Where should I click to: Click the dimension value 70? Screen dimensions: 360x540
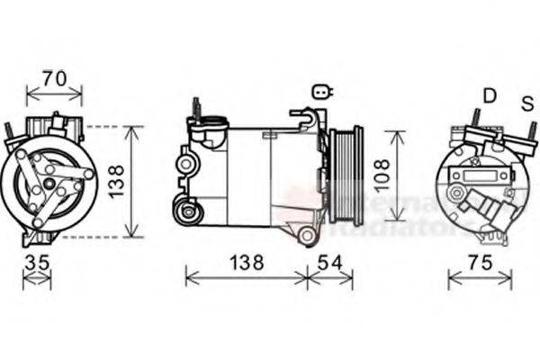point(55,78)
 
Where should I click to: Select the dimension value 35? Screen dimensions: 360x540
point(36,263)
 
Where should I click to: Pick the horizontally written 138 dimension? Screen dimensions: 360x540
point(245,263)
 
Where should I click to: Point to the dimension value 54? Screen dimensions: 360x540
point(329,263)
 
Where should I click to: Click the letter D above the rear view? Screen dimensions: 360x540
point(490,94)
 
